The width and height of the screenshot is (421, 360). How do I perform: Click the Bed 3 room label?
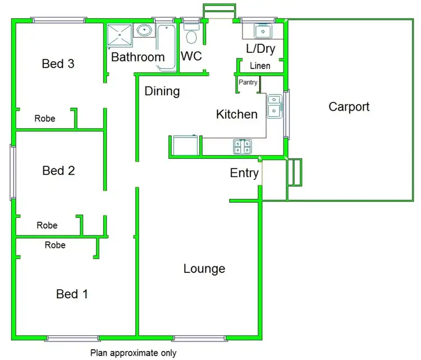(58, 63)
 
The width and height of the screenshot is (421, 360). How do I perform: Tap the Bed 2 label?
(58, 170)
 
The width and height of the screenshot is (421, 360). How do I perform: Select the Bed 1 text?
(72, 294)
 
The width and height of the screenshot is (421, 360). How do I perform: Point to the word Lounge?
(204, 269)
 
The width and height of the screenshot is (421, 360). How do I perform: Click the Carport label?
(349, 107)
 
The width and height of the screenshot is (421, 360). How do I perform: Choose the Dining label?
(162, 91)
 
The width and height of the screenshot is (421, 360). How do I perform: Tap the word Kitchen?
(237, 115)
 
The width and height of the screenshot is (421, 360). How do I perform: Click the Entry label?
(244, 173)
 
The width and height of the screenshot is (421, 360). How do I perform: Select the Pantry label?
(248, 83)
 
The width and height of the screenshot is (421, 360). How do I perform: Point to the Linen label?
(260, 66)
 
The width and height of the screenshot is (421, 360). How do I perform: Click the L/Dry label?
(261, 49)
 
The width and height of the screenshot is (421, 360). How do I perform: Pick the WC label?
(191, 57)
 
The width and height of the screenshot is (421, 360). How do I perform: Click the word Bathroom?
(138, 57)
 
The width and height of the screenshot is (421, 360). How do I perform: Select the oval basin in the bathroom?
(145, 30)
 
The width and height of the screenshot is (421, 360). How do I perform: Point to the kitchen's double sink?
(274, 107)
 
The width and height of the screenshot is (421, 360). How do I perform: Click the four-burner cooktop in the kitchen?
(242, 147)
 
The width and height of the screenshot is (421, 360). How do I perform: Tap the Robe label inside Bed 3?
(45, 119)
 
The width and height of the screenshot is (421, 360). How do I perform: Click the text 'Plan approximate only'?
(134, 353)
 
